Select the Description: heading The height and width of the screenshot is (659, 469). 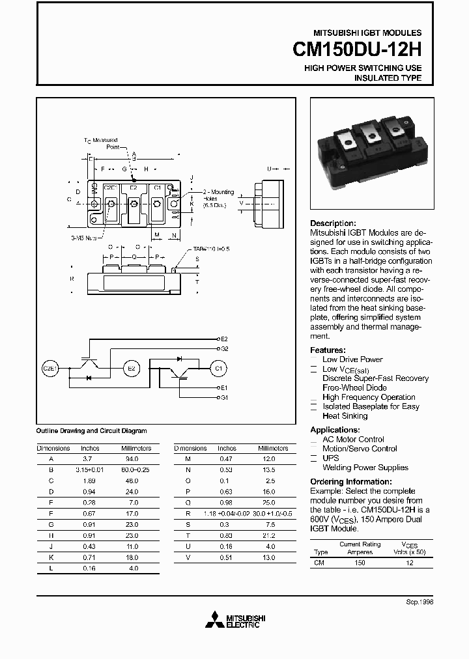click(333, 223)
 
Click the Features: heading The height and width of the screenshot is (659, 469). click(328, 350)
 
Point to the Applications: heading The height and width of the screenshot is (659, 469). click(335, 430)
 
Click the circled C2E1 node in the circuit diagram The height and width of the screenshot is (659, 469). click(50, 369)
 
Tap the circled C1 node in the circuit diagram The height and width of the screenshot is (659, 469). click(218, 369)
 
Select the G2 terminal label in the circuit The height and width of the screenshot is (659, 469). click(224, 349)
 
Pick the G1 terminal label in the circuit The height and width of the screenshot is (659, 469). click(224, 397)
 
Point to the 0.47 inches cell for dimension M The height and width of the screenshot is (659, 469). click(225, 459)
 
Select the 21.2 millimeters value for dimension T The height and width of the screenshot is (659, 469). click(268, 535)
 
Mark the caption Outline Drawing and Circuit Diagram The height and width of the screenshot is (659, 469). click(91, 431)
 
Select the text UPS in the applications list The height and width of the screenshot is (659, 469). click(330, 458)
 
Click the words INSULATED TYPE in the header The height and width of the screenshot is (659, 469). click(388, 78)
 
